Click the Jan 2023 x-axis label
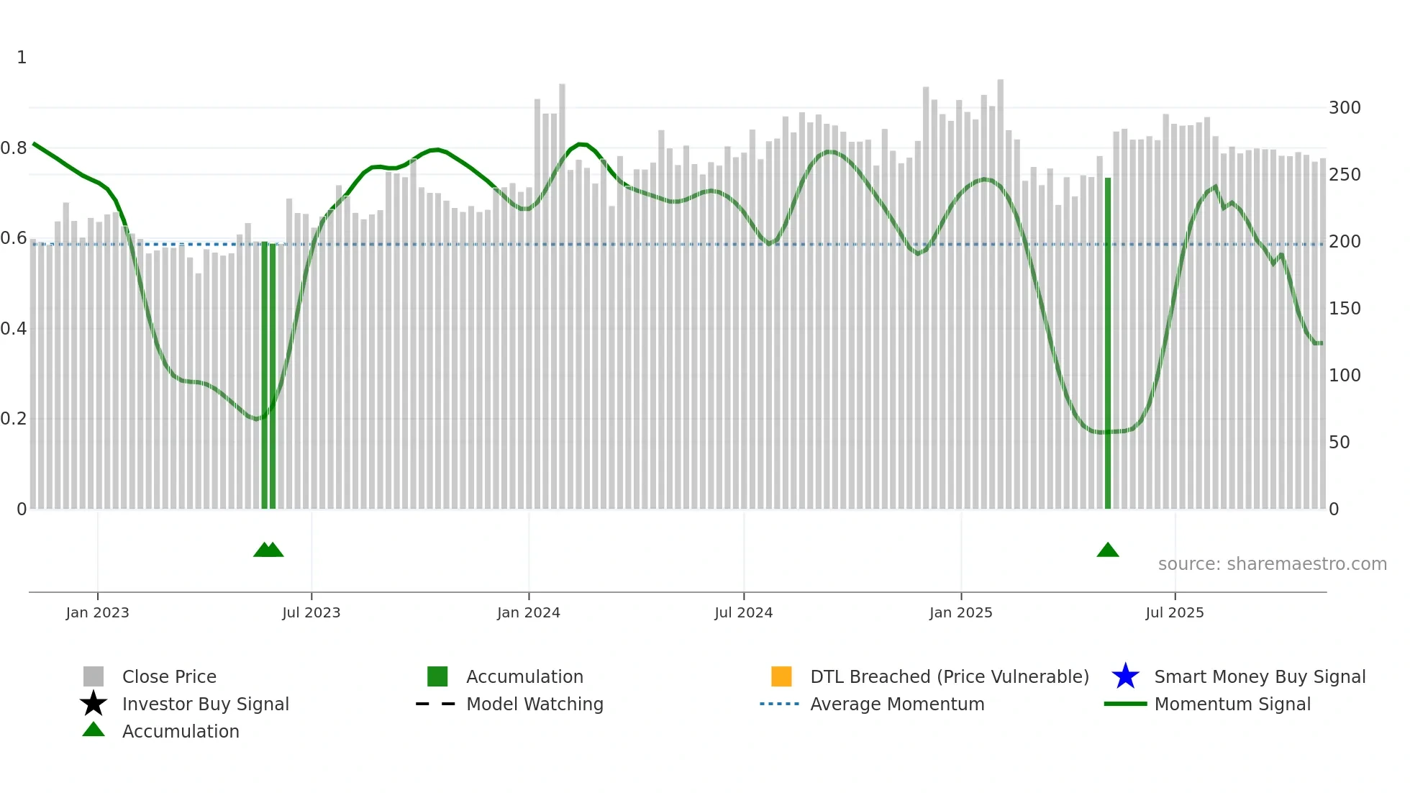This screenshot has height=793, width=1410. click(x=97, y=613)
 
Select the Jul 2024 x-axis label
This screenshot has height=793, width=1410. click(x=743, y=613)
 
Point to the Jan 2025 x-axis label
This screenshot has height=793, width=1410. click(x=960, y=613)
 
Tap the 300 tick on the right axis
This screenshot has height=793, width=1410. click(x=1345, y=108)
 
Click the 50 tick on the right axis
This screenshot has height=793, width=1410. click(x=1339, y=443)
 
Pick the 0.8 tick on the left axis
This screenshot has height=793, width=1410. click(x=14, y=148)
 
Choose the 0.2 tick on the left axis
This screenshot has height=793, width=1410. click(x=14, y=419)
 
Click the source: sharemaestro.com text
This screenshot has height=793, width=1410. click(x=1272, y=564)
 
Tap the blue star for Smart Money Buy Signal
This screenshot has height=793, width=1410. click(x=1125, y=676)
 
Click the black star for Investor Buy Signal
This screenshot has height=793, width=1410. click(x=94, y=704)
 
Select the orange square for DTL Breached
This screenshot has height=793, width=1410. click(x=781, y=676)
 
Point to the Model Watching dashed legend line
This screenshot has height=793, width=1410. click(x=436, y=704)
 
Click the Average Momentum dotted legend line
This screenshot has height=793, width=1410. click(x=780, y=704)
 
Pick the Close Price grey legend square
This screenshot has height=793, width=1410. click(x=94, y=676)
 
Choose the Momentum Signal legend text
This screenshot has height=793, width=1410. click(x=1232, y=704)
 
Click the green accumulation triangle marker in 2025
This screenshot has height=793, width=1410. click(x=1108, y=550)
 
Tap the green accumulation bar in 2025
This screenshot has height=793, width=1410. click(x=1108, y=345)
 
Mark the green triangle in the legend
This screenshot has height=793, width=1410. click(x=94, y=730)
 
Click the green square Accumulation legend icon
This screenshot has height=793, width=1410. click(x=437, y=676)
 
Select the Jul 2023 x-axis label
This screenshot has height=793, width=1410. click(x=311, y=613)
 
